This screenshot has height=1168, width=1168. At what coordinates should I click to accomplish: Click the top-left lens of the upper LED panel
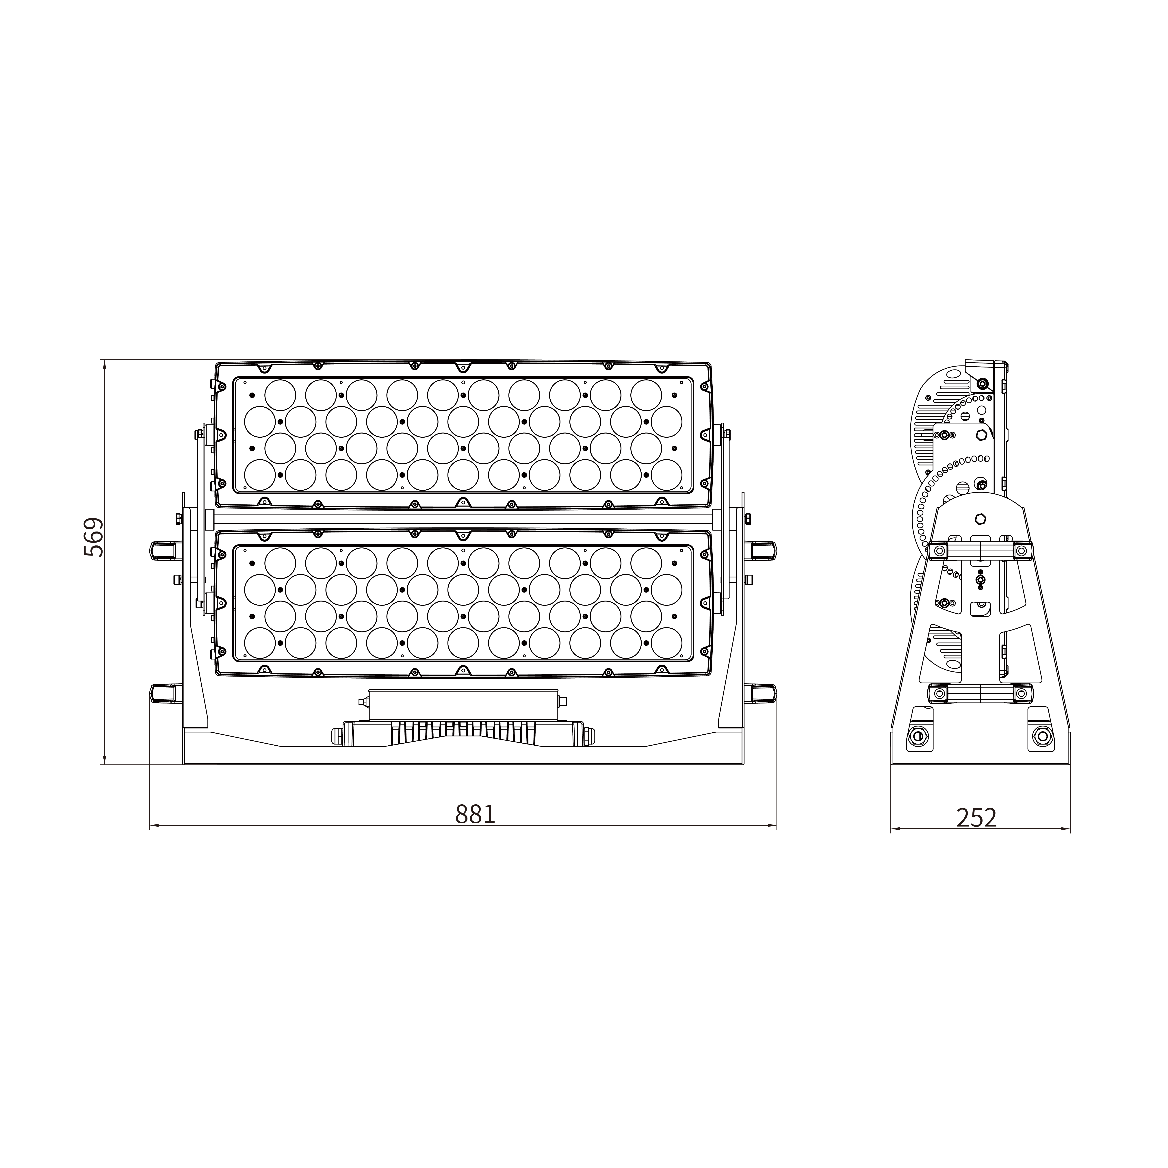pos(280,395)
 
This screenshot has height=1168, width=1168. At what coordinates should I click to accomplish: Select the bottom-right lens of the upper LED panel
pos(666,475)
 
